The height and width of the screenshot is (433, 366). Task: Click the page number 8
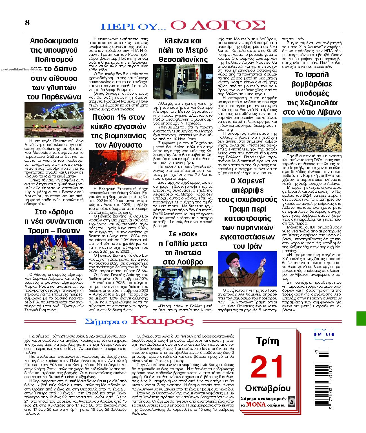(27, 23)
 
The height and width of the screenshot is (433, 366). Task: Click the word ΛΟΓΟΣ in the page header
(218, 25)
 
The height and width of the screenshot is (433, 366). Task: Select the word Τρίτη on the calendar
(267, 341)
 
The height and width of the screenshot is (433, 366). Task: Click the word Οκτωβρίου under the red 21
(268, 388)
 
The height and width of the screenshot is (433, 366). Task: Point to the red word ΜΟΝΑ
(256, 405)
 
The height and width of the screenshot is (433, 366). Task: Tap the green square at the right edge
(361, 318)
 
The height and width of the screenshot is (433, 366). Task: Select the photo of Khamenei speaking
(247, 269)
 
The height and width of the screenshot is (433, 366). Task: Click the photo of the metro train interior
(183, 82)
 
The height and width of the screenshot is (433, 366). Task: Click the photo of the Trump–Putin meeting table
(54, 252)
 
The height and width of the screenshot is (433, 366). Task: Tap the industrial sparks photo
(119, 167)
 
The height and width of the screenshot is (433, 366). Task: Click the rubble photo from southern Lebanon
(312, 135)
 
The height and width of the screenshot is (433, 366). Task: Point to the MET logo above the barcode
(324, 334)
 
